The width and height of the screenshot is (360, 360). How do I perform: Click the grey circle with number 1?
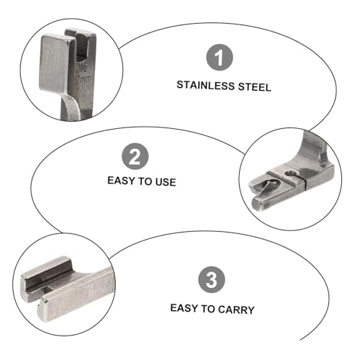[x=220, y=57]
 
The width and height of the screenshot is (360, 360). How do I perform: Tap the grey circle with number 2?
[x=135, y=156]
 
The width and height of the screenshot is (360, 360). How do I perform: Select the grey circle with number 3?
[x=212, y=279]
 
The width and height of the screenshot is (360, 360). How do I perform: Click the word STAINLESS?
[x=205, y=86]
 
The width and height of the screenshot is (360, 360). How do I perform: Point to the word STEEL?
[x=255, y=87]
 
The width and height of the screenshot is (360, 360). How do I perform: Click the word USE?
[x=166, y=182]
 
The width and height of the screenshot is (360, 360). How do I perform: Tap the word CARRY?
[x=236, y=310]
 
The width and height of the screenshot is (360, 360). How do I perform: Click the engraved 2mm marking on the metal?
[x=84, y=78]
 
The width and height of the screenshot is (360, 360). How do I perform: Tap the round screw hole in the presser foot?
[x=291, y=173]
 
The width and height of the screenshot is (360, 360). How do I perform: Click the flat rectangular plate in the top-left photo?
[x=54, y=63]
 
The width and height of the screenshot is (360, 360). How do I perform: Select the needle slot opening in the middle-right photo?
[x=266, y=186]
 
